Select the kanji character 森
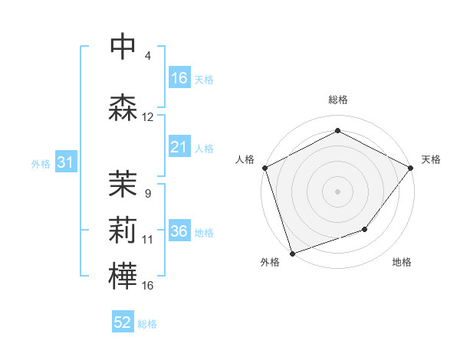point(123,107)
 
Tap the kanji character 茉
point(123,182)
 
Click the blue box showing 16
point(179,78)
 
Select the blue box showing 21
point(179,147)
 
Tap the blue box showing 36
point(179,231)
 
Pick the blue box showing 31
point(65,162)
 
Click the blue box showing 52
point(123,322)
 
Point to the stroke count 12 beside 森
point(148,117)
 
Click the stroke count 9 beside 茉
point(147,193)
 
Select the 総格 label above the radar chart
point(337,100)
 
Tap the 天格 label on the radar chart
point(431,159)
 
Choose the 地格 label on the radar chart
point(402,263)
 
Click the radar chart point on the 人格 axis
point(264,168)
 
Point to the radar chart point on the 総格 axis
point(337,131)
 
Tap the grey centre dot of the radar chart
point(337,191)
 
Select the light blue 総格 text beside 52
point(147,324)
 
